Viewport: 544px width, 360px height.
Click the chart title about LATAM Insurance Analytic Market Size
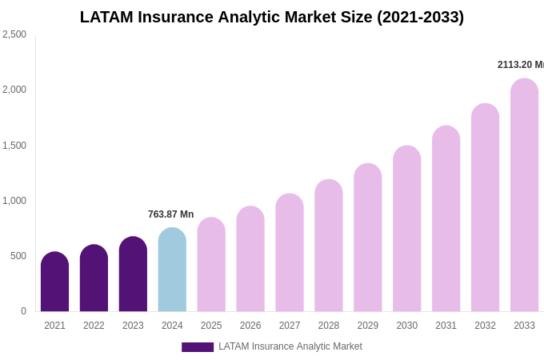272,17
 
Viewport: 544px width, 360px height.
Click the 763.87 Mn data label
170,214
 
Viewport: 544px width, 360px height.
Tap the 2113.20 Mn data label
520,65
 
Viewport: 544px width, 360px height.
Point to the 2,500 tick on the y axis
14,34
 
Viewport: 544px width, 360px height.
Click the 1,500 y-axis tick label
14,146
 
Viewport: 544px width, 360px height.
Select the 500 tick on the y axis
18,256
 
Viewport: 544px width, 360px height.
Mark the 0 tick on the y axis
23,311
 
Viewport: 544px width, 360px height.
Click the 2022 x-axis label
94,326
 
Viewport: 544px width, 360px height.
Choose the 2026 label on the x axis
250,326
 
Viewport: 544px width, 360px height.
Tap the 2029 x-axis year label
368,326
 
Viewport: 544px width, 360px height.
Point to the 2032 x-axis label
485,326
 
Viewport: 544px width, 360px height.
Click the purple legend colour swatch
198,347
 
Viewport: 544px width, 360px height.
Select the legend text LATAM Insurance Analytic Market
290,346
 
